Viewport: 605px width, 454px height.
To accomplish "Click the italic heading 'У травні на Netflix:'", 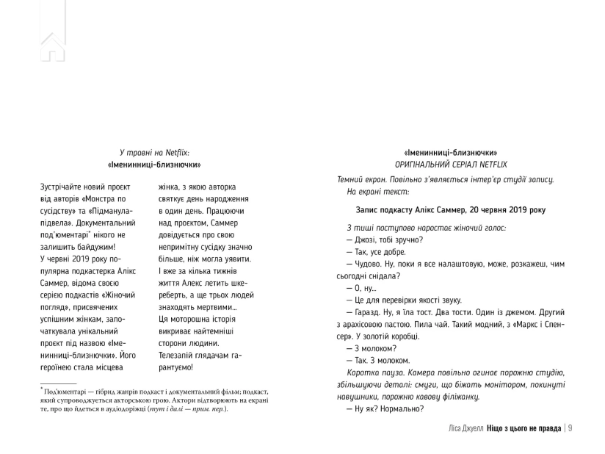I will coord(154,151).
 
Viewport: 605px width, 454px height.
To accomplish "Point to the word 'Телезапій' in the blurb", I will coord(178,351).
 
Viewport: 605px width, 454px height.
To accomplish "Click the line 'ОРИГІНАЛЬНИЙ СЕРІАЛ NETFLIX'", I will coord(451,164).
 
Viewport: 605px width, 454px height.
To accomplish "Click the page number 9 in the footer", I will coord(570,428).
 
